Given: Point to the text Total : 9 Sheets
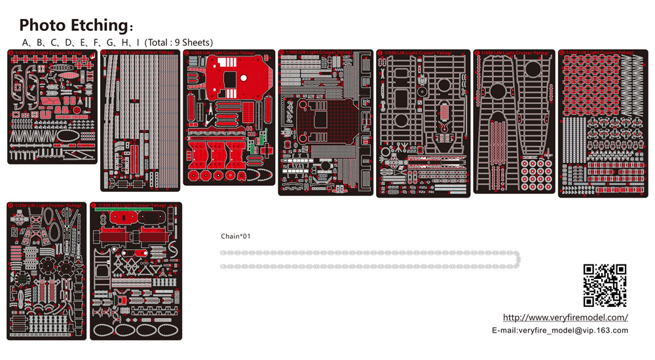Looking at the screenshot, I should coord(181,43).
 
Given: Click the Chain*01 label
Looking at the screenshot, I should coord(236,236).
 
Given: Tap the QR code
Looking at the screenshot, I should coord(605,285).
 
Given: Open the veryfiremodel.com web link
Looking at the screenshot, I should coord(565,317).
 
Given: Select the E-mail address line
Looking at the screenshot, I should coord(560,331).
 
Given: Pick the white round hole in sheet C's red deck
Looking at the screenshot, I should coord(244,78).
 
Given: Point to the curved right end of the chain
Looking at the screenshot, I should coord(518,259).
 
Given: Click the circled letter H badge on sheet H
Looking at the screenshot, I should coord(10,206).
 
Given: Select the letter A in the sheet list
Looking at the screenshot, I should coord(26,43).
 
